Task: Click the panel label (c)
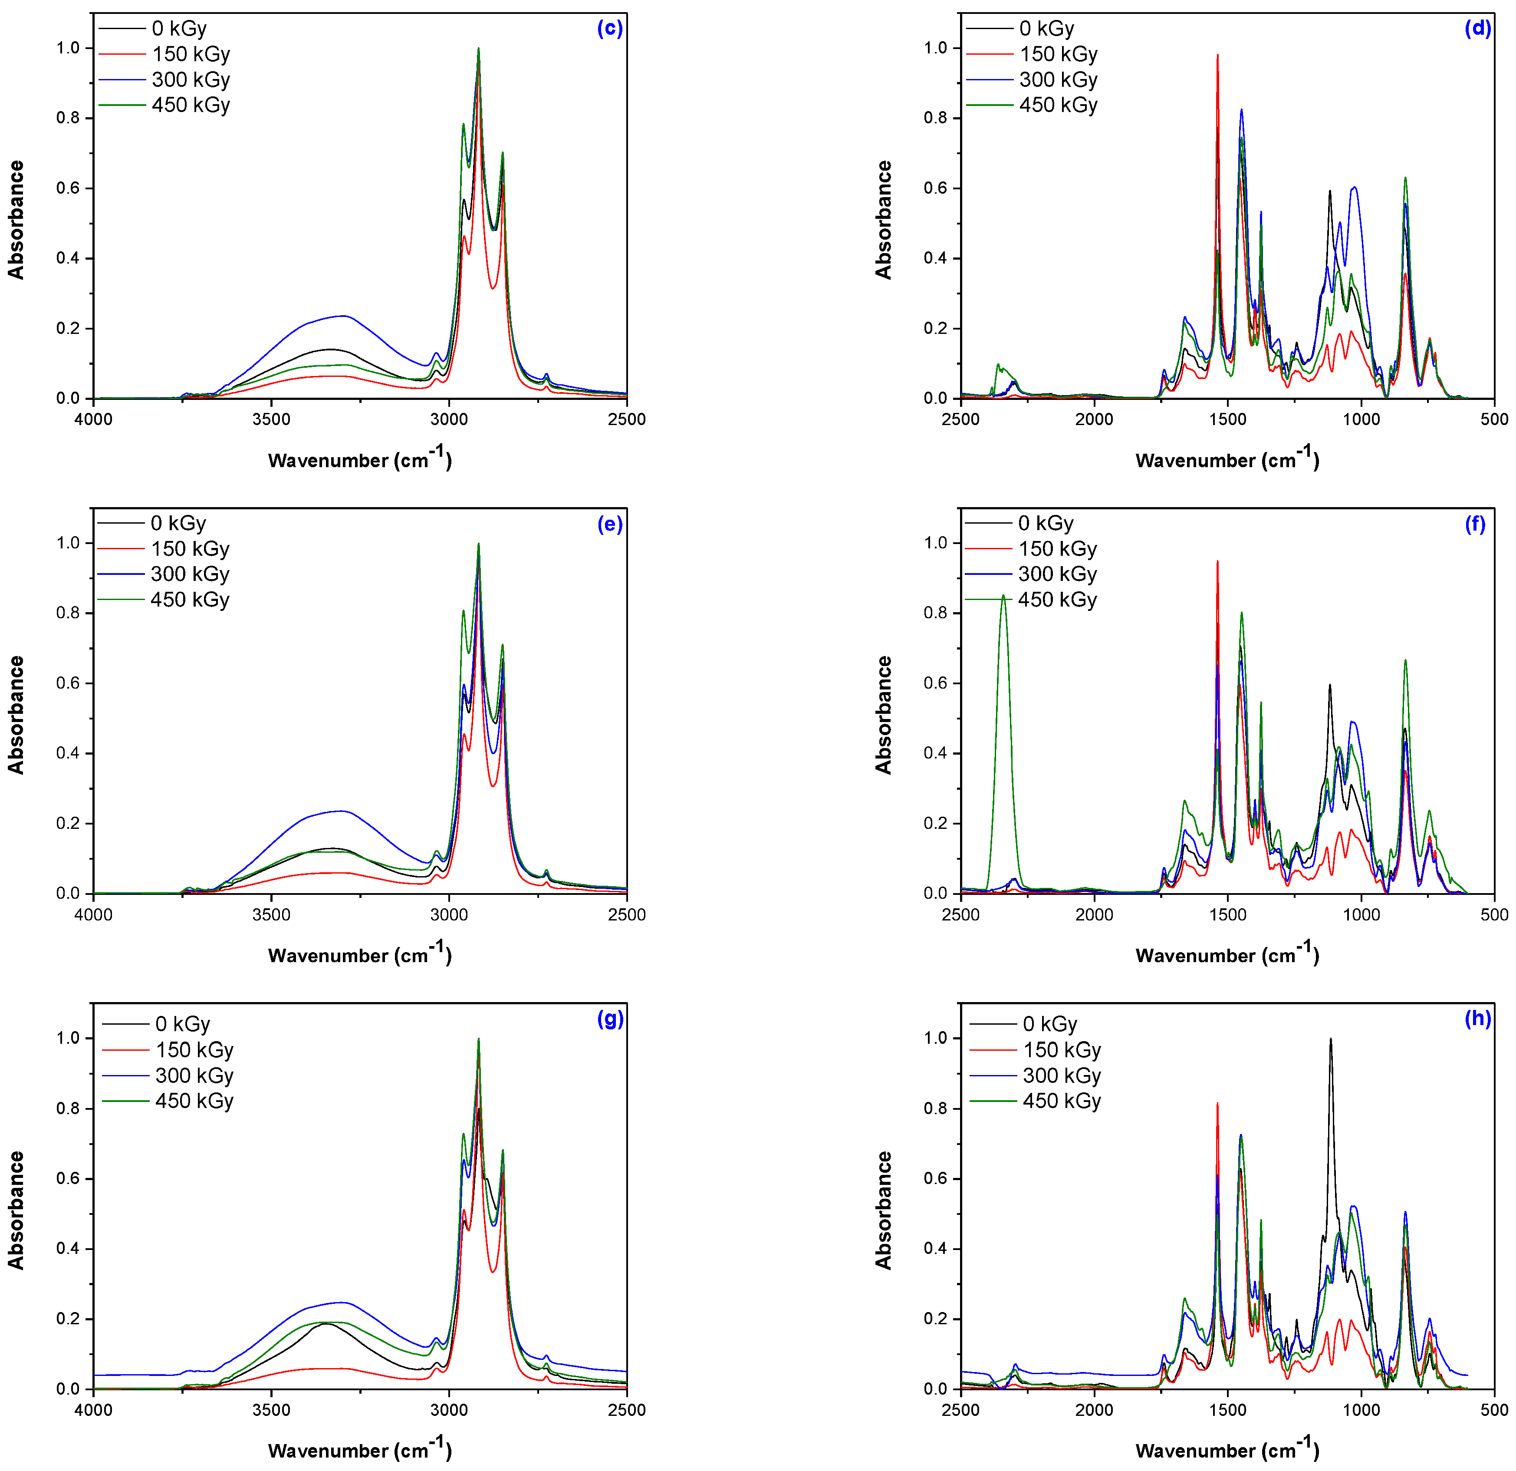[609, 29]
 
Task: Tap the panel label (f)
[1475, 524]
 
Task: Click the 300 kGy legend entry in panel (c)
[190, 80]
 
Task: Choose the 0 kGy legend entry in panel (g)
[183, 1025]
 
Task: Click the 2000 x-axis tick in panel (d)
[1094, 419]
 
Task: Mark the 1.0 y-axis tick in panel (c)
[68, 48]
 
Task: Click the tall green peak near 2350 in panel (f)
[1003, 596]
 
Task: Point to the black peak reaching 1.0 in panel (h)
[1330, 1039]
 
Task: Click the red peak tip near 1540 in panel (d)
[1217, 55]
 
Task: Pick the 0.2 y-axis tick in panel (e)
[68, 823]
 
